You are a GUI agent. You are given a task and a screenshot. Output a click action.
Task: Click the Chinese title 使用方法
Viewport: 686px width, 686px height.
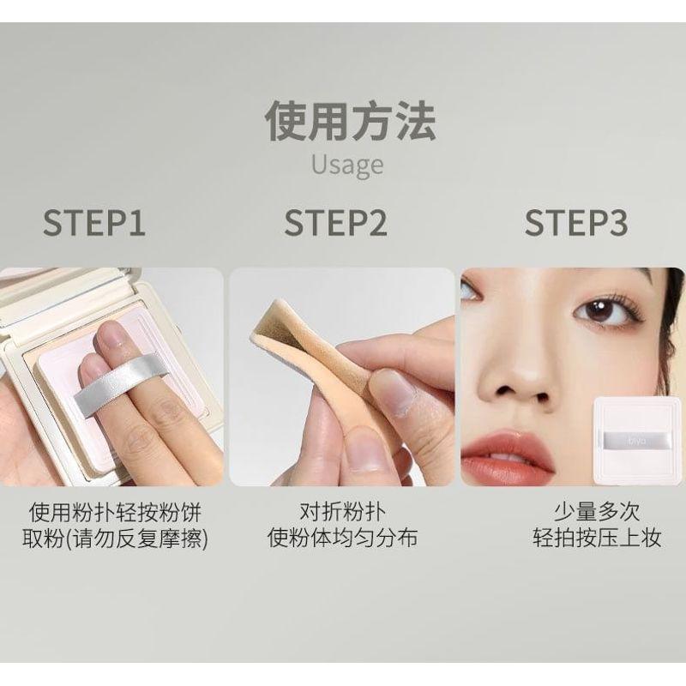click(x=349, y=121)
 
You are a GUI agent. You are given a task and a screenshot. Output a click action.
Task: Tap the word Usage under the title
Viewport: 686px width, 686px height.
click(x=347, y=164)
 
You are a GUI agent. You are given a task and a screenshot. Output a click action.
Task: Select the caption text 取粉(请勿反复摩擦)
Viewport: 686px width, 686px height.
click(x=115, y=540)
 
